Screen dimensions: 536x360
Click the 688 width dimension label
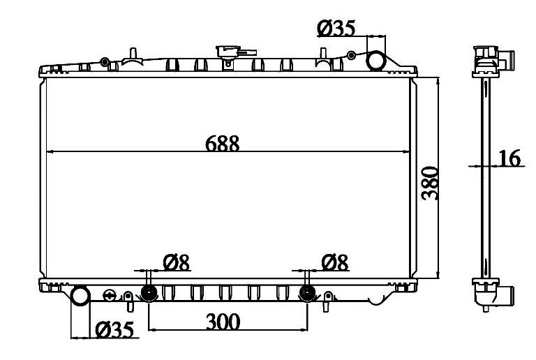tap(222, 144)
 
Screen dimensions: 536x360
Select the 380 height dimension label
tap(430, 183)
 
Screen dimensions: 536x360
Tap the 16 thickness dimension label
tap(509, 158)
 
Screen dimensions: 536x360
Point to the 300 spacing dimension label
tap(223, 322)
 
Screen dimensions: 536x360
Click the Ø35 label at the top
tap(336, 28)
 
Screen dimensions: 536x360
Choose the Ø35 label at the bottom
tap(114, 330)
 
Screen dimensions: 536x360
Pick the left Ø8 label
tap(177, 262)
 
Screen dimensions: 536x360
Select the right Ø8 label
tap(335, 262)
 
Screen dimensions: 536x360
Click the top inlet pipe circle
tap(376, 61)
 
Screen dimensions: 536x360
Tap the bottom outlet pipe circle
tap(80, 296)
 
